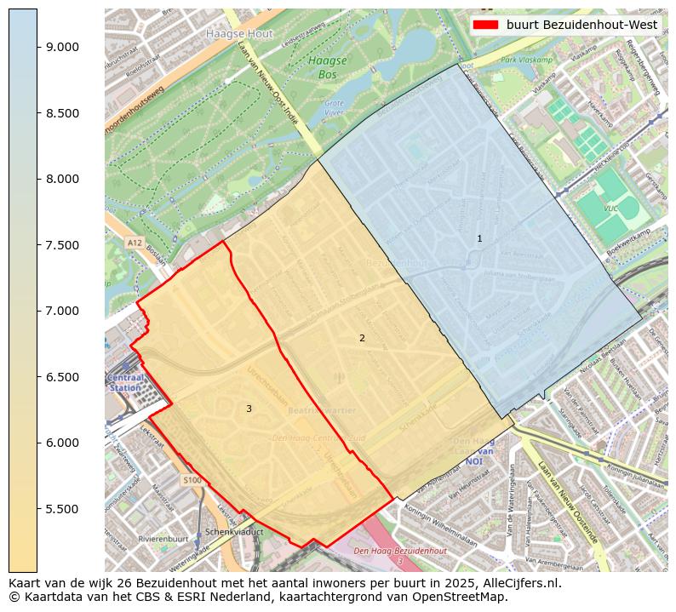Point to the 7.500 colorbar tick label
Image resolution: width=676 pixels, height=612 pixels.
[x=62, y=245]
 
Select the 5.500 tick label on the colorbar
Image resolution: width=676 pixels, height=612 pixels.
[x=62, y=509]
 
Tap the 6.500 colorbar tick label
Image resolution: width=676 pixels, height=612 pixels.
[x=62, y=377]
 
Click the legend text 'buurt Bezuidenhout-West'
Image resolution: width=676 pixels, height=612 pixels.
[x=581, y=25]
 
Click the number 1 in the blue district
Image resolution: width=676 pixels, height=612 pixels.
[x=479, y=239]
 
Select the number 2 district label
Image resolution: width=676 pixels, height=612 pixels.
[x=362, y=338]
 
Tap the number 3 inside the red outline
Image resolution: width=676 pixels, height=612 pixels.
[x=249, y=409]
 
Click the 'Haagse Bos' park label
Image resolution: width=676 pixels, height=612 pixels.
[x=327, y=67]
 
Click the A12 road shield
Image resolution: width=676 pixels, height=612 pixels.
[x=135, y=243]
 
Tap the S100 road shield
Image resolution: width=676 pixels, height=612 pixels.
[x=192, y=481]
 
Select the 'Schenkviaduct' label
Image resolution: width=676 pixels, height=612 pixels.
[x=234, y=531]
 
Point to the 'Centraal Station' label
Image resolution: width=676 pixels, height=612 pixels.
[x=124, y=381]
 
